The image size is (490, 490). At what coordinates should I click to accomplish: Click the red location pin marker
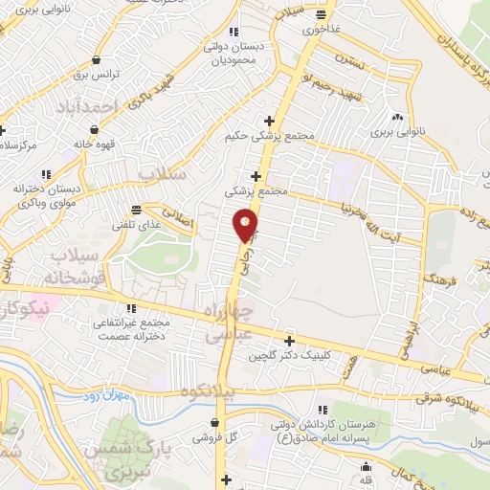tap(246, 225)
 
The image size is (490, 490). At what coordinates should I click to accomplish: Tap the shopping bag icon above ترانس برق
tap(96, 58)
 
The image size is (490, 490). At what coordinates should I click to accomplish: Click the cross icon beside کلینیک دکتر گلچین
tap(290, 340)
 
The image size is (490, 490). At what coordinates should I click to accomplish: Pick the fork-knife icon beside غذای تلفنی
tap(137, 209)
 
